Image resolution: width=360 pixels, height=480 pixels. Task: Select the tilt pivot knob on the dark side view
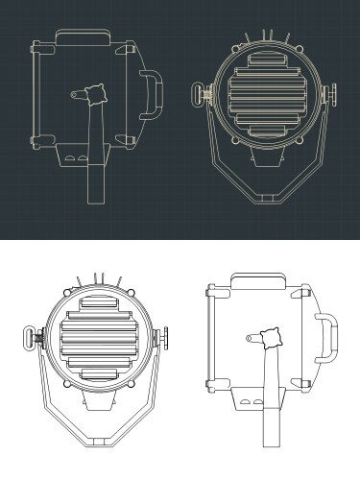pyautogui.click(x=94, y=94)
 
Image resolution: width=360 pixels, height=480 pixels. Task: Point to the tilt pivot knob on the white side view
pyautogui.click(x=270, y=338)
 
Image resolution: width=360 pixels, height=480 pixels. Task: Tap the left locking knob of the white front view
pyautogui.click(x=29, y=338)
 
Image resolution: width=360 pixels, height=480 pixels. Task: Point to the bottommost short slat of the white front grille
pyautogui.click(x=95, y=373)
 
